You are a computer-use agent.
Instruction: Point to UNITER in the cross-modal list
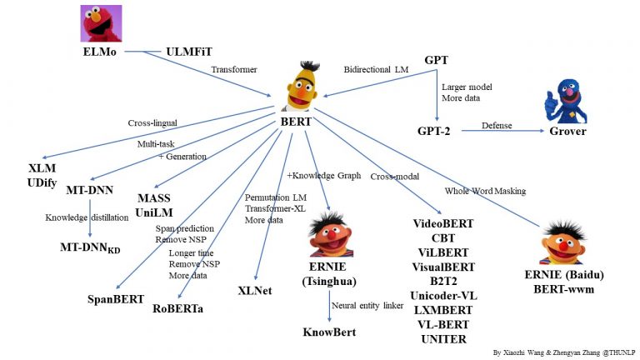point(444,338)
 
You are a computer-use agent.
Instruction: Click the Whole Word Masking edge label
point(485,191)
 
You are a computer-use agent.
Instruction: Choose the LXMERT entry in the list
point(444,310)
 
